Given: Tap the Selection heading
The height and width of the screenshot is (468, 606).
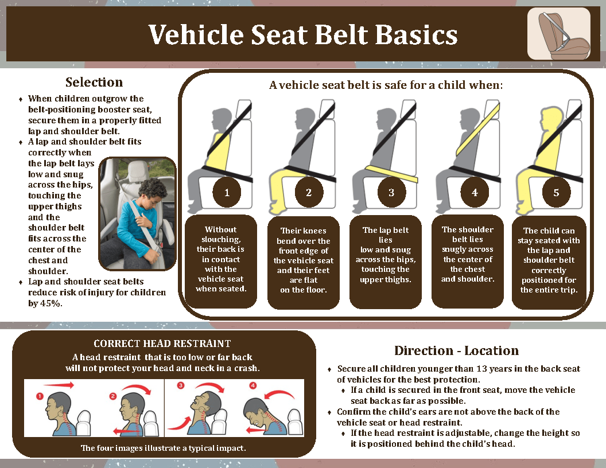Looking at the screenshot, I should tap(94, 82).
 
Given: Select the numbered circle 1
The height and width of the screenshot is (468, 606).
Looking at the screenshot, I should tap(227, 193).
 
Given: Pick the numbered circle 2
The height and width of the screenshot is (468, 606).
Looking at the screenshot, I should tap(309, 193).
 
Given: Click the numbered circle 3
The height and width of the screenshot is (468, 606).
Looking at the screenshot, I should tap(391, 193).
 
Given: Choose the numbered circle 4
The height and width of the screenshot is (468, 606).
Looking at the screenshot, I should tap(475, 193).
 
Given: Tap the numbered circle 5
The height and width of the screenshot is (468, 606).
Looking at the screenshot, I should tap(556, 193).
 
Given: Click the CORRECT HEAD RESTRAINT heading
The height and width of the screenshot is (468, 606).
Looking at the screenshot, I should tap(162, 344).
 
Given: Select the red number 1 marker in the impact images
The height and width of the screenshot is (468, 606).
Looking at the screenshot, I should tap(39, 396).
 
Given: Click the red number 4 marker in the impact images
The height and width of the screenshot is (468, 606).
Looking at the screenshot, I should tap(253, 386).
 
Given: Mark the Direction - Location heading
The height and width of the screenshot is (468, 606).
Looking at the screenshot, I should tap(456, 350).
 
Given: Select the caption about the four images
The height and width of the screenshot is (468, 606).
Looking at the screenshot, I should tap(163, 448).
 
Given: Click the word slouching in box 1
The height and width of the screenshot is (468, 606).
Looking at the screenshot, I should tap(220, 239).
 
